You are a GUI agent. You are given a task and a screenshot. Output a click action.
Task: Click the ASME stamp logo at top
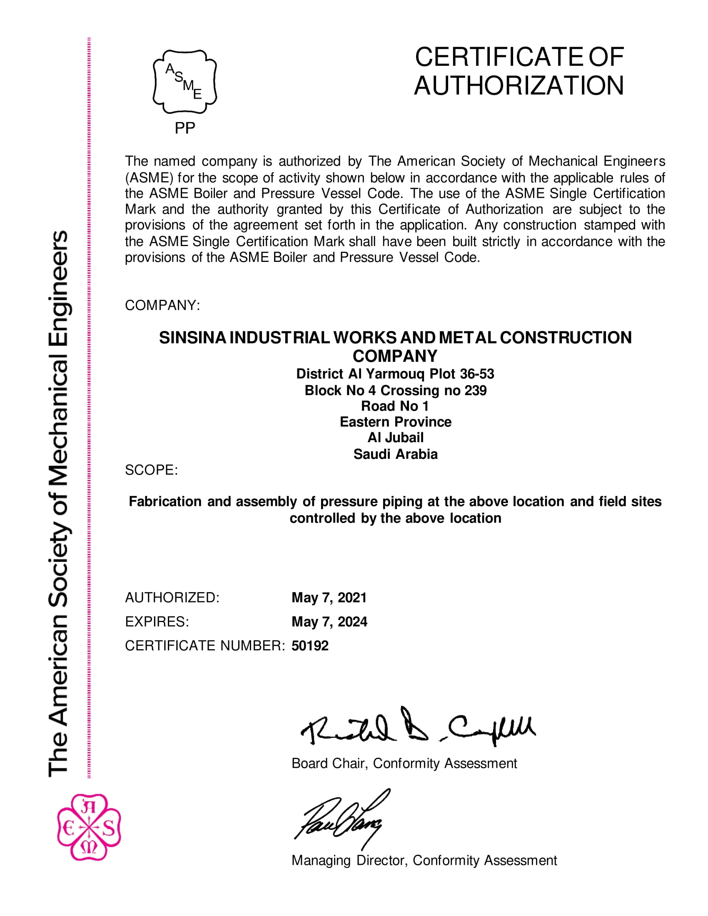184,82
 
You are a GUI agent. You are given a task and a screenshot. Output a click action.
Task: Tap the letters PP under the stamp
184,128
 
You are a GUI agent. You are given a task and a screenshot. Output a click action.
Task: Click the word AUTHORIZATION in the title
519,85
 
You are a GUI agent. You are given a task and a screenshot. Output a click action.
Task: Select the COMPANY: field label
162,305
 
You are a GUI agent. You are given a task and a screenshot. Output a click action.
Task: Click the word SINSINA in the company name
192,338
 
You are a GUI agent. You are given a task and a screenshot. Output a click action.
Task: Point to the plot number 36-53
477,374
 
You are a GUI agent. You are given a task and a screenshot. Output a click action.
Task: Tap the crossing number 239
475,391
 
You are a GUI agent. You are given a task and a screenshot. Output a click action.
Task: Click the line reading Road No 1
395,406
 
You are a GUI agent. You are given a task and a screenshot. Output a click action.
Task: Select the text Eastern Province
395,422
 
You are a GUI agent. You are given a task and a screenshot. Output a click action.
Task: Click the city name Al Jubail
395,438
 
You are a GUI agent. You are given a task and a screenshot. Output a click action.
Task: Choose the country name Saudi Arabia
395,454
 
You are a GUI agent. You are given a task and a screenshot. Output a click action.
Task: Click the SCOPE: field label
152,470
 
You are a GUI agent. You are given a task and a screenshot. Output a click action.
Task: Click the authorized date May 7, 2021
329,597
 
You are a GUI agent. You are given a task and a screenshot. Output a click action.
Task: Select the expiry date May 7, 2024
329,622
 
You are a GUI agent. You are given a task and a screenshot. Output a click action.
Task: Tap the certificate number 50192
310,645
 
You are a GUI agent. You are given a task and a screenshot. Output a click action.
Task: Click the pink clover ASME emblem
89,827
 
